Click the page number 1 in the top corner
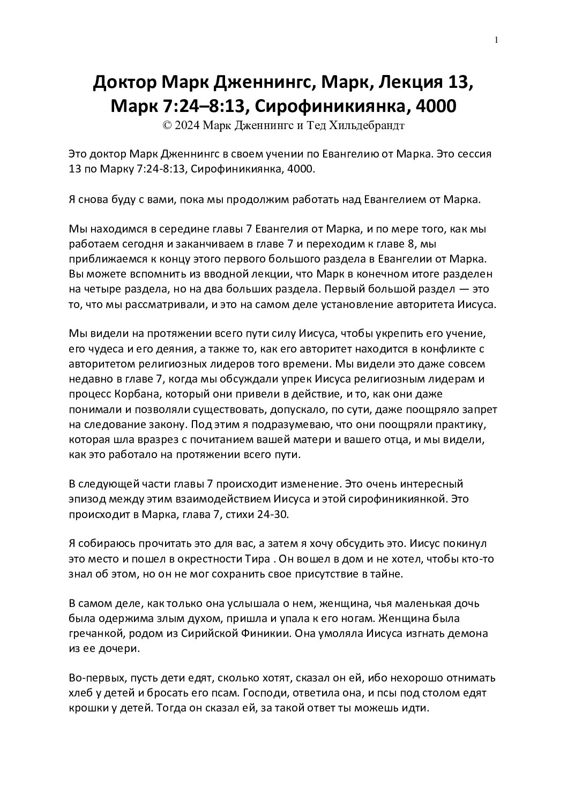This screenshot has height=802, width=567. pyautogui.click(x=497, y=40)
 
